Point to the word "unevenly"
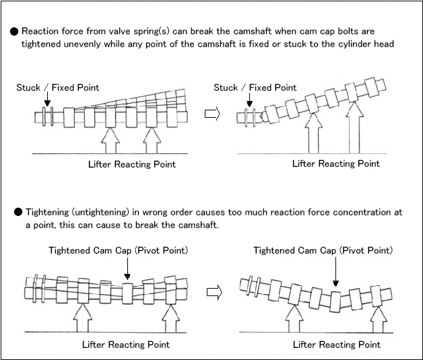point(82,44)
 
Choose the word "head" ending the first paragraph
point(384,44)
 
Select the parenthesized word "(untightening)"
point(100,213)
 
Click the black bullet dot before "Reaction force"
point(14,32)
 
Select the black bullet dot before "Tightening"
point(18,213)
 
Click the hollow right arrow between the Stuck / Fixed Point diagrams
point(212,114)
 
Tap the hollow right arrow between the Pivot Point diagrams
point(214,292)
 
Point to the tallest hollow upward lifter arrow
point(354,128)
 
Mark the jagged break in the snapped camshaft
point(261,117)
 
